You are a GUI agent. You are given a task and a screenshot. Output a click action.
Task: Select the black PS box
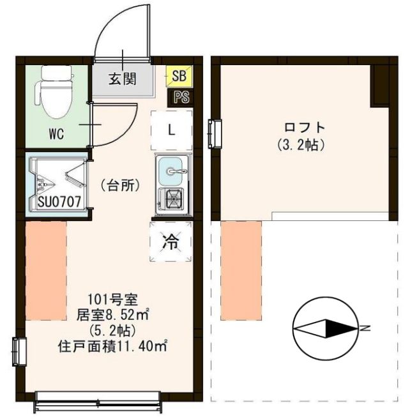[x=178, y=98]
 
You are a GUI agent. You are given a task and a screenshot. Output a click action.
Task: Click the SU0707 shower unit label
[x=58, y=202]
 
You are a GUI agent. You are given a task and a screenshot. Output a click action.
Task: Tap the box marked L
[x=171, y=129]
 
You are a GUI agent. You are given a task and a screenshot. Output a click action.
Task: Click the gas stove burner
[x=172, y=200]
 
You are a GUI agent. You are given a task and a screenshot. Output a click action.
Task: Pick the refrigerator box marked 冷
[x=171, y=241]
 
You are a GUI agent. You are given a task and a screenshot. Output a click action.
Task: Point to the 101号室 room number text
[x=112, y=298]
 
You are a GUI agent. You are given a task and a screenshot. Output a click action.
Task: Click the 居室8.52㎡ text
[x=112, y=314]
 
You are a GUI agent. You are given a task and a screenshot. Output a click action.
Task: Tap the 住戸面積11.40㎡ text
[x=112, y=347]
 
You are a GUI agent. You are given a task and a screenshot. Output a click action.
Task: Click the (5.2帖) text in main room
[x=112, y=330]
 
